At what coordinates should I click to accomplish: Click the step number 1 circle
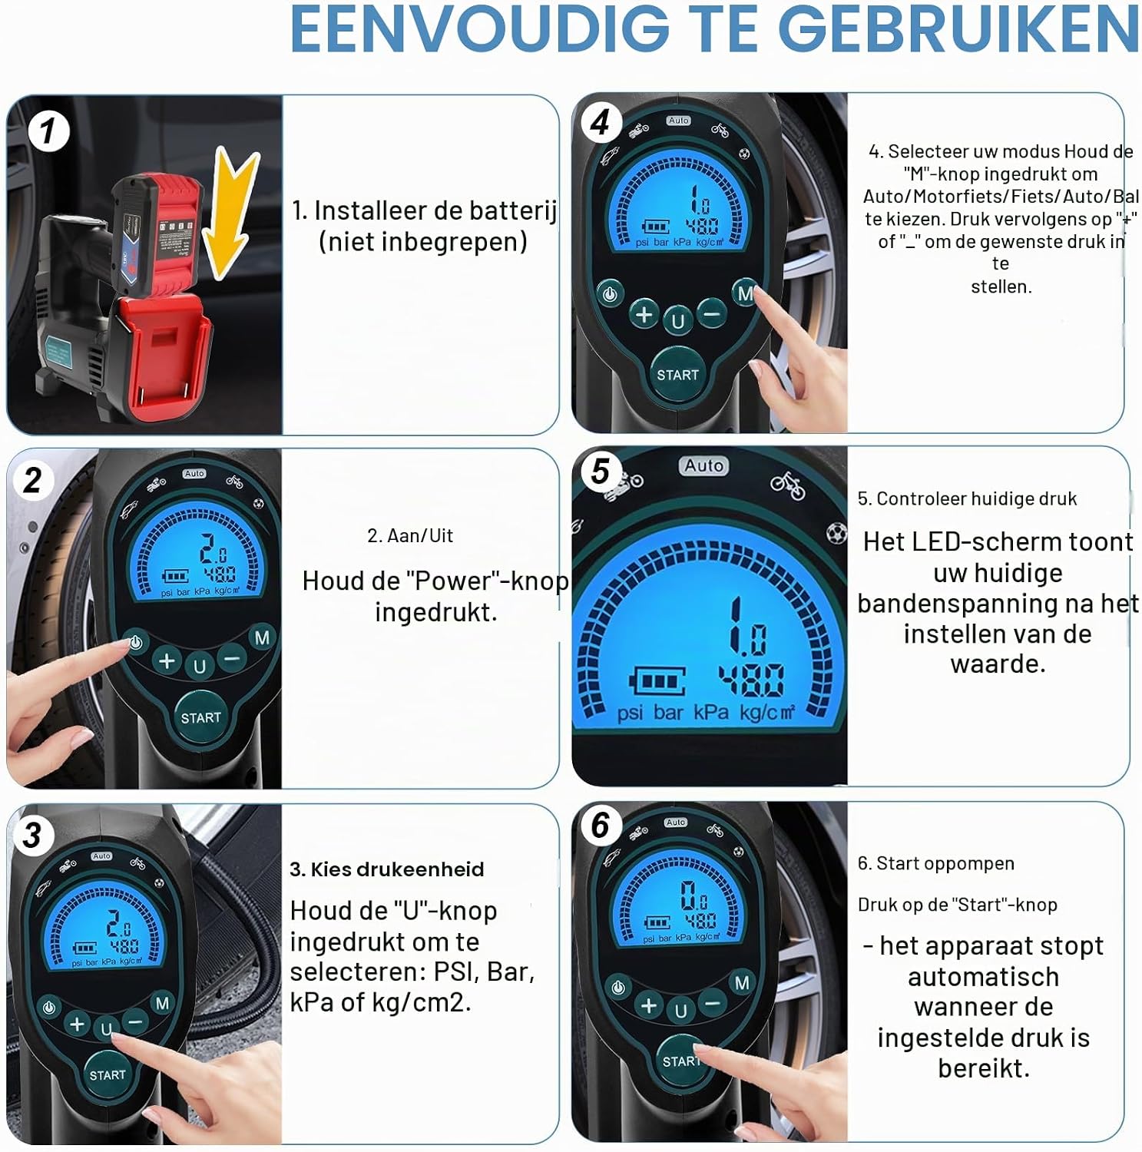pyautogui.click(x=48, y=131)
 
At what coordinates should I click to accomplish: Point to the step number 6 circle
pyautogui.click(x=601, y=826)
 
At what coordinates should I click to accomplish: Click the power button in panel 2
pyautogui.click(x=136, y=643)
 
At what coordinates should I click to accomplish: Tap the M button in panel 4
pyautogui.click(x=746, y=293)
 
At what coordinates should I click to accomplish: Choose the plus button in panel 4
pyautogui.click(x=644, y=314)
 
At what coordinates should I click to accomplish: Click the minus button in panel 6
pyautogui.click(x=713, y=1003)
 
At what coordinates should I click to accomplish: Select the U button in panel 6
pyautogui.click(x=680, y=1011)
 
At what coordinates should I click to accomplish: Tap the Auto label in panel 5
pyautogui.click(x=704, y=465)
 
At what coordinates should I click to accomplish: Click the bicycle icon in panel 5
pyautogui.click(x=788, y=485)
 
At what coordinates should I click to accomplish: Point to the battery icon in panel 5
pyautogui.click(x=658, y=682)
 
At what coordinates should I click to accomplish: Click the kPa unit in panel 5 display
pyautogui.click(x=711, y=712)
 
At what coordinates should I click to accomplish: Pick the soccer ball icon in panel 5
pyautogui.click(x=836, y=532)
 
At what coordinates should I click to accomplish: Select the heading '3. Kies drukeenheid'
pyautogui.click(x=387, y=869)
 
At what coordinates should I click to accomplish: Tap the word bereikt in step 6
pyautogui.click(x=984, y=1068)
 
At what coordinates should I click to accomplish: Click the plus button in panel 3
pyautogui.click(x=77, y=1024)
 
